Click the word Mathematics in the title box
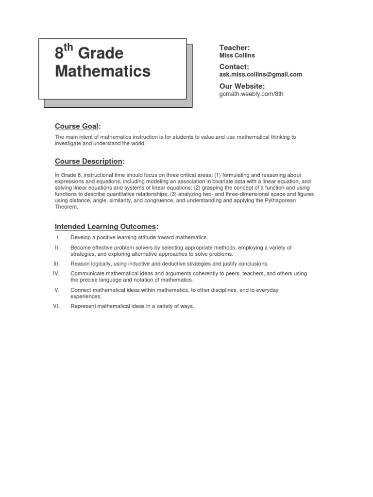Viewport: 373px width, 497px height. click(102, 71)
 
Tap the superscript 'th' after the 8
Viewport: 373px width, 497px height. click(68, 48)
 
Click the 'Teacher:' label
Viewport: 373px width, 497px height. click(234, 48)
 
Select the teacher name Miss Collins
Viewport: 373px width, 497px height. click(237, 55)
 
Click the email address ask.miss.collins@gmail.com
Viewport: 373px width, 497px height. click(261, 74)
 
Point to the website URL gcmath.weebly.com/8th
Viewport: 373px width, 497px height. click(251, 94)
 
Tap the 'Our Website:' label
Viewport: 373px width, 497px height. click(242, 86)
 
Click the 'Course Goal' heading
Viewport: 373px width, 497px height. click(77, 126)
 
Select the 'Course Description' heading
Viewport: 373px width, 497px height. click(88, 161)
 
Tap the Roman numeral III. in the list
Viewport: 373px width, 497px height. click(56, 264)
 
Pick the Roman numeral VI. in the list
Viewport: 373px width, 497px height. click(56, 306)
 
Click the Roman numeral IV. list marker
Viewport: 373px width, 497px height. click(56, 274)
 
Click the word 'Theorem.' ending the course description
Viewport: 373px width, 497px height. click(66, 207)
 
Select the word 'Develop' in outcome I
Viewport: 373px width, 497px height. click(80, 237)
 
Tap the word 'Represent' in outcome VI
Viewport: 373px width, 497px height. click(84, 306)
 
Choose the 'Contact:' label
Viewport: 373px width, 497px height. click(234, 66)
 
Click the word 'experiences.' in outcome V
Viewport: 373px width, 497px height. click(86, 296)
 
